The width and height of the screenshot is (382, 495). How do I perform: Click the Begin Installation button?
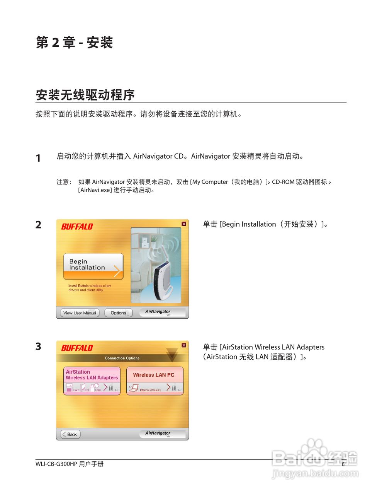coord(93,266)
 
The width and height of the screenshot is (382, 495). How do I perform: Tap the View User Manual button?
coord(80,313)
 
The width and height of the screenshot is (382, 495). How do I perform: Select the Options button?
coord(118,313)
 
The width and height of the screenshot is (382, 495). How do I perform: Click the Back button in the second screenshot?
coord(70,434)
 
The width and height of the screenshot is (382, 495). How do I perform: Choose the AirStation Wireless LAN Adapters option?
coord(92,381)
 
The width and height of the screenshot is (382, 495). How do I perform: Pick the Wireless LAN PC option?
coord(154,381)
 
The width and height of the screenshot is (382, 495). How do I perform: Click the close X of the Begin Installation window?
coord(184,224)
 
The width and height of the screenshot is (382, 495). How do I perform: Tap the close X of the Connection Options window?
coord(184,345)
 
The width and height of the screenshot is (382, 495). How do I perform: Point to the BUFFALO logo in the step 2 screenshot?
coord(77,227)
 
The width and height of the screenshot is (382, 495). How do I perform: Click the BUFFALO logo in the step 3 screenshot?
coord(77,348)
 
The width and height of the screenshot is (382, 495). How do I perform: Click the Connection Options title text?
coord(122,358)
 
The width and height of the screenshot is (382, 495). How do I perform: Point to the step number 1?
coord(38,158)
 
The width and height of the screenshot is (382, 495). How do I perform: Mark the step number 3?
coord(38,346)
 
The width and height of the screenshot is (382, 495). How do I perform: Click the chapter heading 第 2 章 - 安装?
coord(74,43)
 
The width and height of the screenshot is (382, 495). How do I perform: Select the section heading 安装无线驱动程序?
coord(85,95)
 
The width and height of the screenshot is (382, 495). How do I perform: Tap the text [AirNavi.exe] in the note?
coord(95,190)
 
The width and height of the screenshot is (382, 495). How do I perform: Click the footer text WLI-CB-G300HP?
coord(56,464)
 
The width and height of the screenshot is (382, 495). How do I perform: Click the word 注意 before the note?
coord(63,182)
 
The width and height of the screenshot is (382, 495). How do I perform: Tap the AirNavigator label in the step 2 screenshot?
coord(158,311)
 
